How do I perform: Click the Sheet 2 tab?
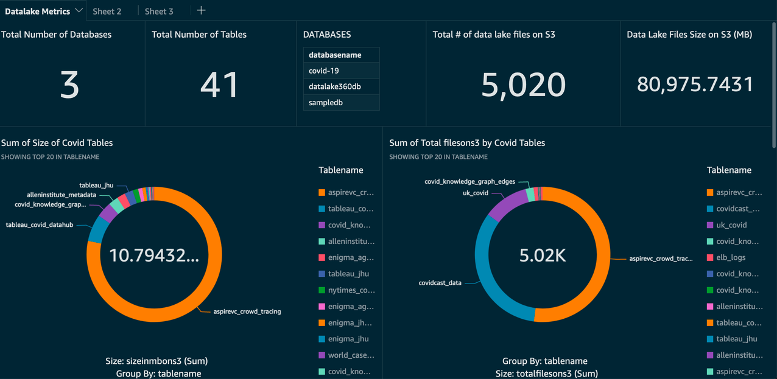(x=107, y=11)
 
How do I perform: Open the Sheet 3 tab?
(x=159, y=11)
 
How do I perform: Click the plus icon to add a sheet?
(x=202, y=10)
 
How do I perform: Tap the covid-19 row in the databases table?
(x=341, y=71)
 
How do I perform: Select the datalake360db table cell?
(x=341, y=86)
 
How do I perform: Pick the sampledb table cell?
(x=341, y=102)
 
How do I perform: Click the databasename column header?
(x=341, y=55)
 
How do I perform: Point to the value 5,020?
(x=523, y=85)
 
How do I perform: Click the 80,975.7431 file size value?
(x=695, y=85)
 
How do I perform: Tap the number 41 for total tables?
(x=219, y=85)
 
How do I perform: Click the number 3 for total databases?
(x=69, y=85)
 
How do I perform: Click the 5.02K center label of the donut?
(x=543, y=256)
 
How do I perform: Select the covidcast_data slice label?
(x=440, y=283)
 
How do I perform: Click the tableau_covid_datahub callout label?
(x=40, y=224)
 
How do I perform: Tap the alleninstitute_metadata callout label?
(x=62, y=195)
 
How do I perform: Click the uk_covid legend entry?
(x=731, y=225)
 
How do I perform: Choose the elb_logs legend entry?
(x=731, y=257)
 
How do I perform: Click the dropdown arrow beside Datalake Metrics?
(x=79, y=11)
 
